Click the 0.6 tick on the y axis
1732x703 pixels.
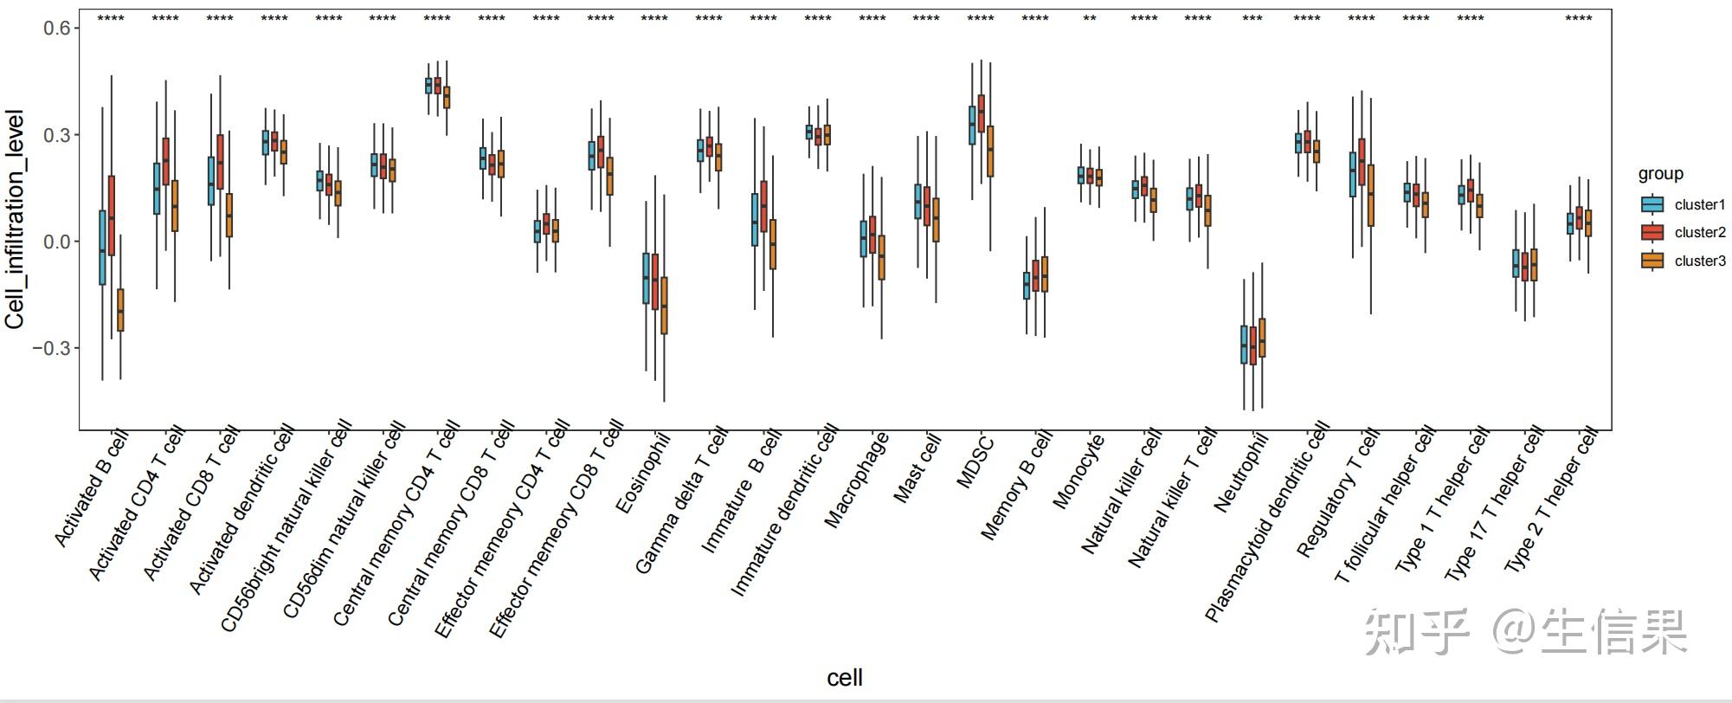[x=57, y=29]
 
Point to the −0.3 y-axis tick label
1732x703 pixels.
[x=50, y=348]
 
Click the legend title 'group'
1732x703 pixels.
[x=1660, y=173]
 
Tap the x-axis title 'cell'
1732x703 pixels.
[x=845, y=678]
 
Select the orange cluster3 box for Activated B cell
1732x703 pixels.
[x=120, y=310]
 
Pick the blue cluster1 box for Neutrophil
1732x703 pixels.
[x=1244, y=345]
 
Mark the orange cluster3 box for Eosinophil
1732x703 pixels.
[x=664, y=306]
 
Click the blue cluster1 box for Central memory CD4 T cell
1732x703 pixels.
[x=428, y=85]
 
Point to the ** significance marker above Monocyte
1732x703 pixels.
[x=1090, y=19]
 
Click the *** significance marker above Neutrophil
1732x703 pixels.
[x=1252, y=19]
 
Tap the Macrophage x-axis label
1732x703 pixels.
[x=857, y=480]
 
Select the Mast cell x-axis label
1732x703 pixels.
[x=917, y=469]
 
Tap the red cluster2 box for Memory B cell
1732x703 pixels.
[x=1035, y=275]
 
